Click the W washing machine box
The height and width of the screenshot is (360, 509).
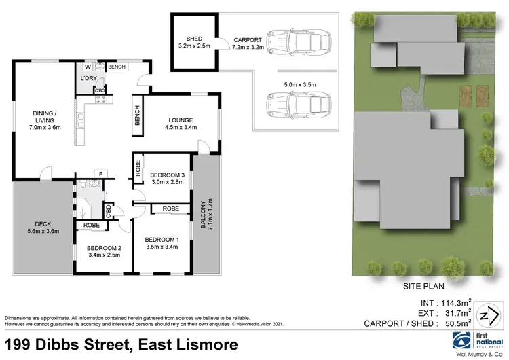pyautogui.click(x=88, y=67)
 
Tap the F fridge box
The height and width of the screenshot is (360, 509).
pyautogui.click(x=100, y=174)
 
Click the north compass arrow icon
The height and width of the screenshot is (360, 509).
pyautogui.click(x=484, y=314)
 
